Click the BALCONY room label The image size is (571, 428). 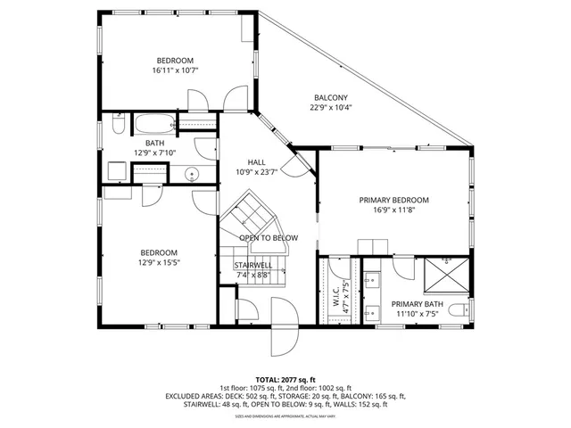pos(329,97)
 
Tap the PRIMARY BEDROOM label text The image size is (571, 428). pos(394,200)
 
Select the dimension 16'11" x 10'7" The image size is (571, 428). pos(175,70)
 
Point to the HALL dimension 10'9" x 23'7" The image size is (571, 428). pos(257,171)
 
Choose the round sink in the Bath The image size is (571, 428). pos(191,176)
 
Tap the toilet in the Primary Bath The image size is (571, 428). pos(458,310)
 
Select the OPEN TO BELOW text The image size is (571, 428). pos(268,238)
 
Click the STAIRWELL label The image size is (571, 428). pos(253,265)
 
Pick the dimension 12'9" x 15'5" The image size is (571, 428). pos(158,262)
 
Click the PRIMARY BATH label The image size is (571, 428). pos(416,303)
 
